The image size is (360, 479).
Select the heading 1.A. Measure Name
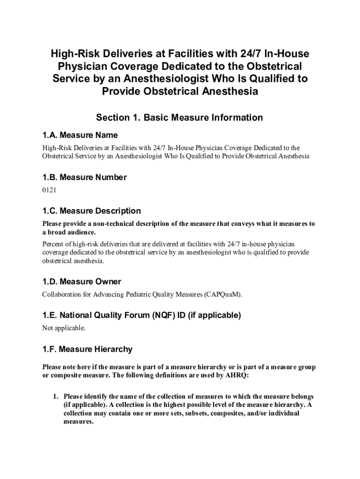coord(80,135)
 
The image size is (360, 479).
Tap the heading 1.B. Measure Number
coord(84,177)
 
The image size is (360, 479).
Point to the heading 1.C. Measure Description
coord(91,211)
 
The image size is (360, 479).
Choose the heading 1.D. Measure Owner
coord(81,282)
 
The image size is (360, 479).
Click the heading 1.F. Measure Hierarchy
coord(87,349)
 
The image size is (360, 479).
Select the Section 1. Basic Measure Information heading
coord(179,117)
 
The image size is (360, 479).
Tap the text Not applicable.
coord(64,328)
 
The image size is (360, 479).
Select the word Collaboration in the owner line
coord(62,295)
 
